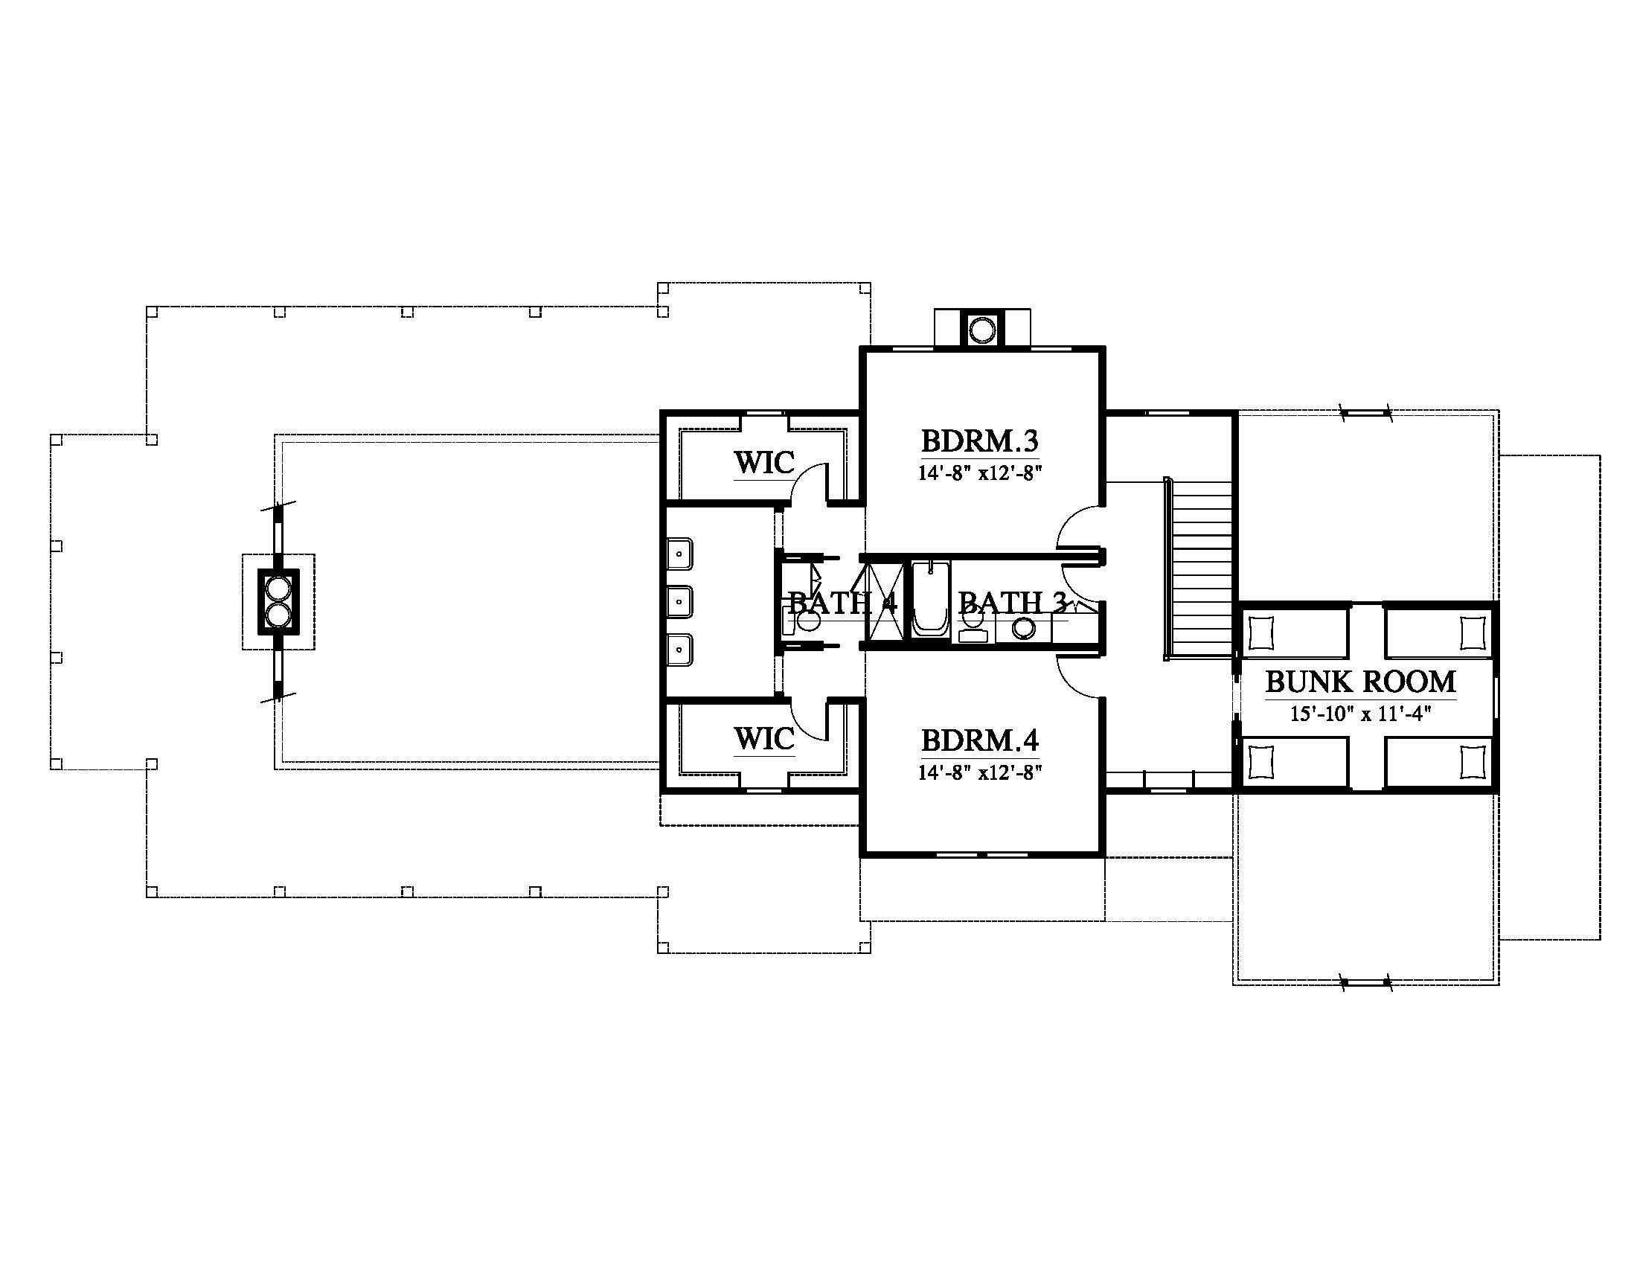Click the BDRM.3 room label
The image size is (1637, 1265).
point(980,441)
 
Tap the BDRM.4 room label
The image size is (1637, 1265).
point(980,740)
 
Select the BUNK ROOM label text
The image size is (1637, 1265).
point(1360,682)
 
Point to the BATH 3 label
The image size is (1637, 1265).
point(1012,602)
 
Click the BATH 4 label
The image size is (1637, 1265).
point(842,602)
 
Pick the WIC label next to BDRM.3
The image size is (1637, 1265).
point(763,462)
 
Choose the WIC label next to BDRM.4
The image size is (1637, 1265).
point(763,739)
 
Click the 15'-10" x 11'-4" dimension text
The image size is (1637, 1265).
point(1360,714)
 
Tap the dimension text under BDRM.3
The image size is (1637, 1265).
point(981,473)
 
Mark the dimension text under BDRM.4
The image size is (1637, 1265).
point(981,772)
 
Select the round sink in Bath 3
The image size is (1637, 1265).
point(1023,629)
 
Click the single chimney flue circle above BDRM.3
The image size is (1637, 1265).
point(982,330)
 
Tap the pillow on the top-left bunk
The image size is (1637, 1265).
point(1261,634)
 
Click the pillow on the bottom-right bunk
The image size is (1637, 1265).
point(1473,762)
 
